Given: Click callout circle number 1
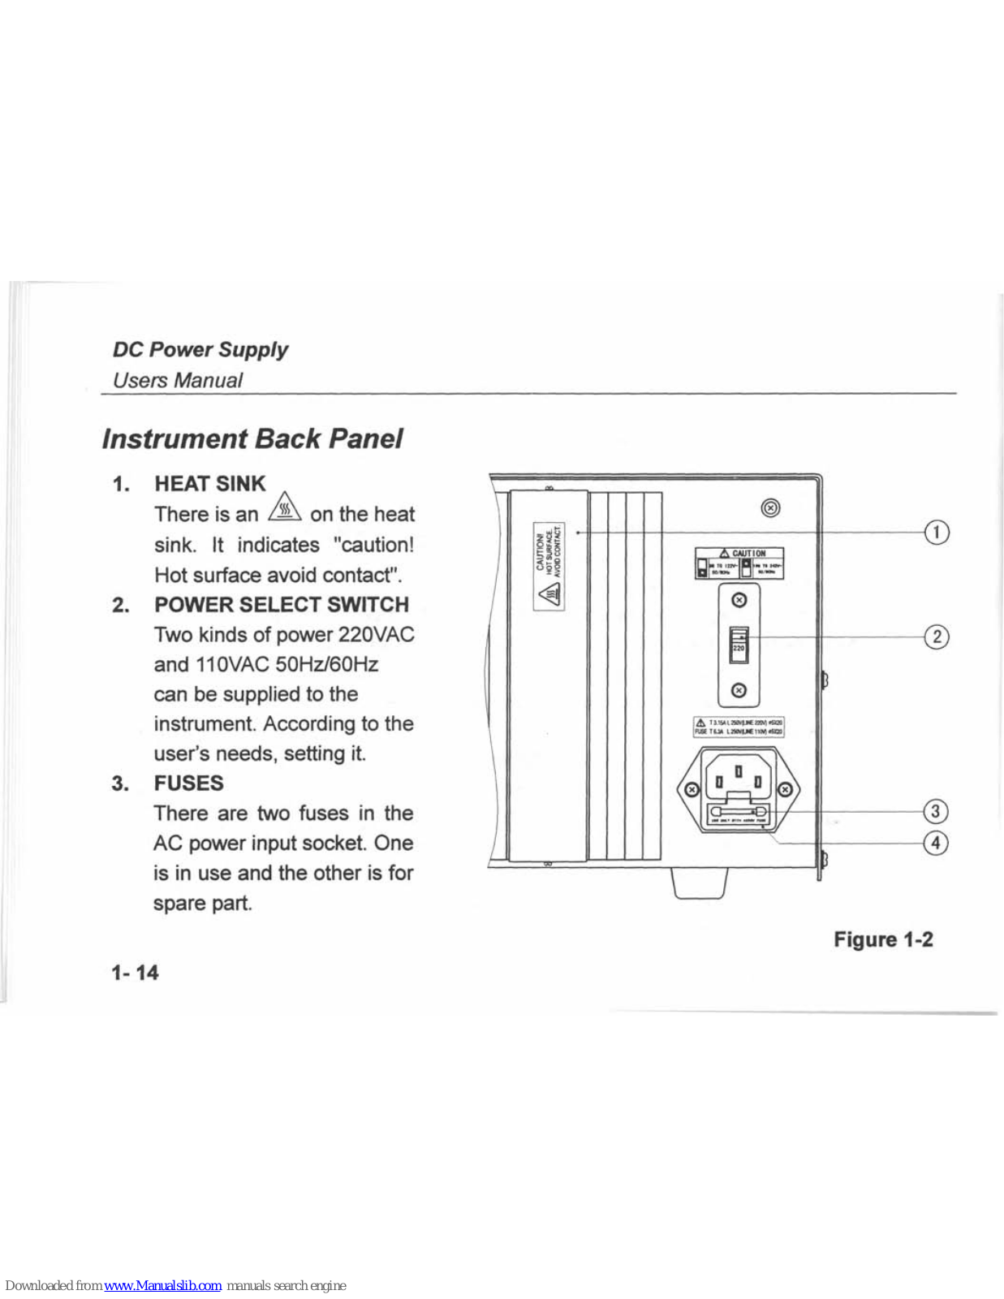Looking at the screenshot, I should pyautogui.click(x=937, y=532).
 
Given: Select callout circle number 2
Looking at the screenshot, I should pyautogui.click(x=937, y=637).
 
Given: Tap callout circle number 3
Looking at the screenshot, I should pyautogui.click(x=936, y=811).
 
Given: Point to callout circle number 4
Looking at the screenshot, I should pyautogui.click(x=936, y=843).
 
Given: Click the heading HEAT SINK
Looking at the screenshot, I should pyautogui.click(x=209, y=484).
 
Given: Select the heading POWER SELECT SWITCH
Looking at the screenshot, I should pyautogui.click(x=282, y=605).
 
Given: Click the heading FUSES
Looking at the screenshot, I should pyautogui.click(x=188, y=783).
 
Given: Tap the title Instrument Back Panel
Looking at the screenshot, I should pyautogui.click(x=252, y=439).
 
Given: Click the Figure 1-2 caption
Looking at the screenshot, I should pyautogui.click(x=883, y=939).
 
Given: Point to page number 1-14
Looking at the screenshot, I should pyautogui.click(x=135, y=973).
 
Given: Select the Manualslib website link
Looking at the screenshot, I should pyautogui.click(x=162, y=1285).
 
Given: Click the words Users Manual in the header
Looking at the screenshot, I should pyautogui.click(x=177, y=380).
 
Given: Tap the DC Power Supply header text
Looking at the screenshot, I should pyautogui.click(x=200, y=350).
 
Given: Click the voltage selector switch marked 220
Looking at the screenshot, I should pyautogui.click(x=739, y=645).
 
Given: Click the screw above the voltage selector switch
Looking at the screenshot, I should pyautogui.click(x=739, y=600).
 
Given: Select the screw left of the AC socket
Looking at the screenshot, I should pyautogui.click(x=691, y=789).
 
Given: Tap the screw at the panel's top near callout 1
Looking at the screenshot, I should pyautogui.click(x=771, y=507).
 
